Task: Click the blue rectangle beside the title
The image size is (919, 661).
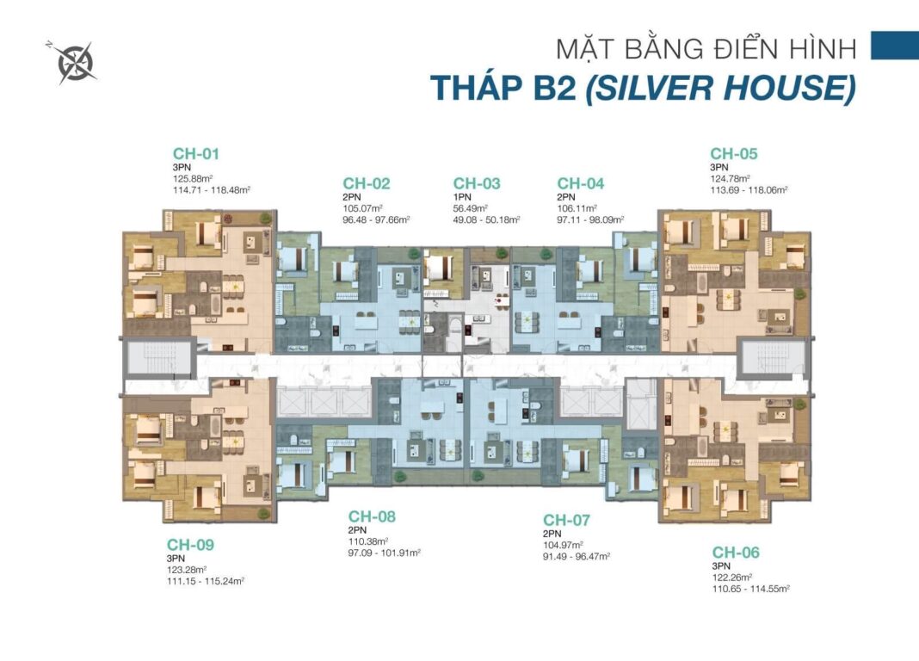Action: click(x=894, y=46)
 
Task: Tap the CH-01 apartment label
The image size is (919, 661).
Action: click(x=196, y=154)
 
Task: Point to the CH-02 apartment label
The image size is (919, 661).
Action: click(x=367, y=183)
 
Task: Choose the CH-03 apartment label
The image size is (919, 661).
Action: click(x=477, y=183)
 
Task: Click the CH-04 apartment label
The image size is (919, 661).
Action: click(x=581, y=183)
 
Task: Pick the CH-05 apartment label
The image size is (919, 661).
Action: click(x=734, y=154)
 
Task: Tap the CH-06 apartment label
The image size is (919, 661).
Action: click(x=736, y=553)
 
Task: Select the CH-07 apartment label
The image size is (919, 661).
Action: click(x=566, y=521)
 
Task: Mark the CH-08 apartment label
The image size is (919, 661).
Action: click(x=373, y=516)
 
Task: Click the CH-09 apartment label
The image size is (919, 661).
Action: click(x=190, y=545)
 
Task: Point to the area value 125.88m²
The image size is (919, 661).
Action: click(x=191, y=179)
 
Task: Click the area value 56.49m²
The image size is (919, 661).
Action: click(x=471, y=208)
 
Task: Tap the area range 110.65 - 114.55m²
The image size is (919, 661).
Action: click(x=750, y=589)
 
